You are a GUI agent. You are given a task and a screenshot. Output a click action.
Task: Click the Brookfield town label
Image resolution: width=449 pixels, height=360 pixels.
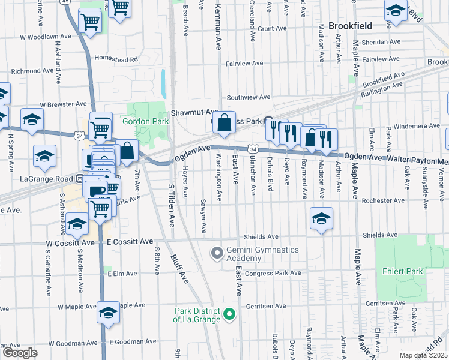pos(351,26)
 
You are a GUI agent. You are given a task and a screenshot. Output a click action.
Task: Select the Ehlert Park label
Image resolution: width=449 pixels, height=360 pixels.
pos(402,271)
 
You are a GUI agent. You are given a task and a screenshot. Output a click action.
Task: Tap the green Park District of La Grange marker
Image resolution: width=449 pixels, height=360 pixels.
pos(228,314)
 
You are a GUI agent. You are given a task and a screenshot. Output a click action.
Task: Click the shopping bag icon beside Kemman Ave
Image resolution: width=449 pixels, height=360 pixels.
pos(224,123)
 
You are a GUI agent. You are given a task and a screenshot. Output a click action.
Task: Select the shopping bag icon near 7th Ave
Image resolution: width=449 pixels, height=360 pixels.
pos(127,151)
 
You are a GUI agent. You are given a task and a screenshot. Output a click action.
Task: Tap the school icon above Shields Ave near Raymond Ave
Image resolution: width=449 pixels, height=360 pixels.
pos(321,219)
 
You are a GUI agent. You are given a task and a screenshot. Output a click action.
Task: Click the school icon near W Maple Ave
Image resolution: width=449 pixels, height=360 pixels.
pos(108,313)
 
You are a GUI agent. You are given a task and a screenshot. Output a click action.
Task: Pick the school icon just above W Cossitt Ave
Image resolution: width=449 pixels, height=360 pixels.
pos(76,224)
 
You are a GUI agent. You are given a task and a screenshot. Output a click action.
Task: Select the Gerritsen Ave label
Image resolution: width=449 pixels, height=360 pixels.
pos(265,306)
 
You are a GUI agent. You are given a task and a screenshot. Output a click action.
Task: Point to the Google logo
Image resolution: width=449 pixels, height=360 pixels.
pos(20,352)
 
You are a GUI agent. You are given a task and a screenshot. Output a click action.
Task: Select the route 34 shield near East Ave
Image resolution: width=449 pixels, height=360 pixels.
pos(253,149)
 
